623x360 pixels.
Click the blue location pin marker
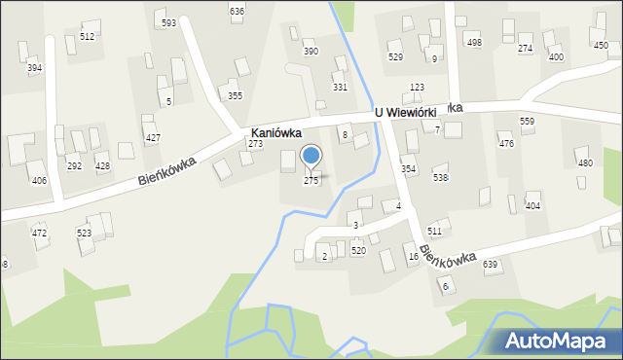coord(311,156)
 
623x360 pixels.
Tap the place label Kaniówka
coord(275,131)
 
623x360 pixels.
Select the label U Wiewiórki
coord(413,112)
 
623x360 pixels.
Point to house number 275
coord(311,181)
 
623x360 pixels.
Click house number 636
coord(237,11)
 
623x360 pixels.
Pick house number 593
coord(169,22)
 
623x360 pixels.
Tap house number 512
coord(88,36)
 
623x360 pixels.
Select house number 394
coord(34,68)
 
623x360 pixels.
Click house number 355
coord(235,95)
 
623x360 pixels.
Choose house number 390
coord(311,52)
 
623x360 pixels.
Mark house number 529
coord(395,57)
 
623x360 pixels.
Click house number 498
coord(474,43)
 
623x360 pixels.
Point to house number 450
coord(601,46)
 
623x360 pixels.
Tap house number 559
coord(527,121)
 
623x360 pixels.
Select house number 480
coord(584,163)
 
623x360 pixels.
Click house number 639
coord(490,265)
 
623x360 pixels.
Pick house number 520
coord(358,251)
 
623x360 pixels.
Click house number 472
coord(39,234)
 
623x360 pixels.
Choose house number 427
coord(153,138)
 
